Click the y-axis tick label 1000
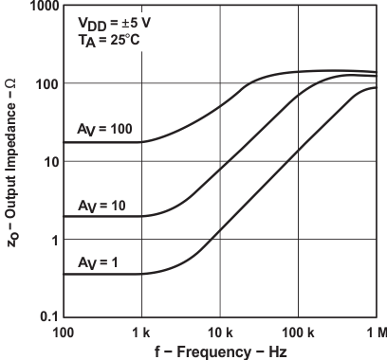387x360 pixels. point(41,7)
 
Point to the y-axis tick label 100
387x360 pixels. point(45,83)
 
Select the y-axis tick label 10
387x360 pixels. point(48,161)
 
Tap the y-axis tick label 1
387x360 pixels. point(52,239)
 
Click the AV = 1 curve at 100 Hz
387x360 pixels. point(64,274)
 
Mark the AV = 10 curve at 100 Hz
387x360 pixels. point(64,216)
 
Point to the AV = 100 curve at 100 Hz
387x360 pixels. point(64,142)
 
